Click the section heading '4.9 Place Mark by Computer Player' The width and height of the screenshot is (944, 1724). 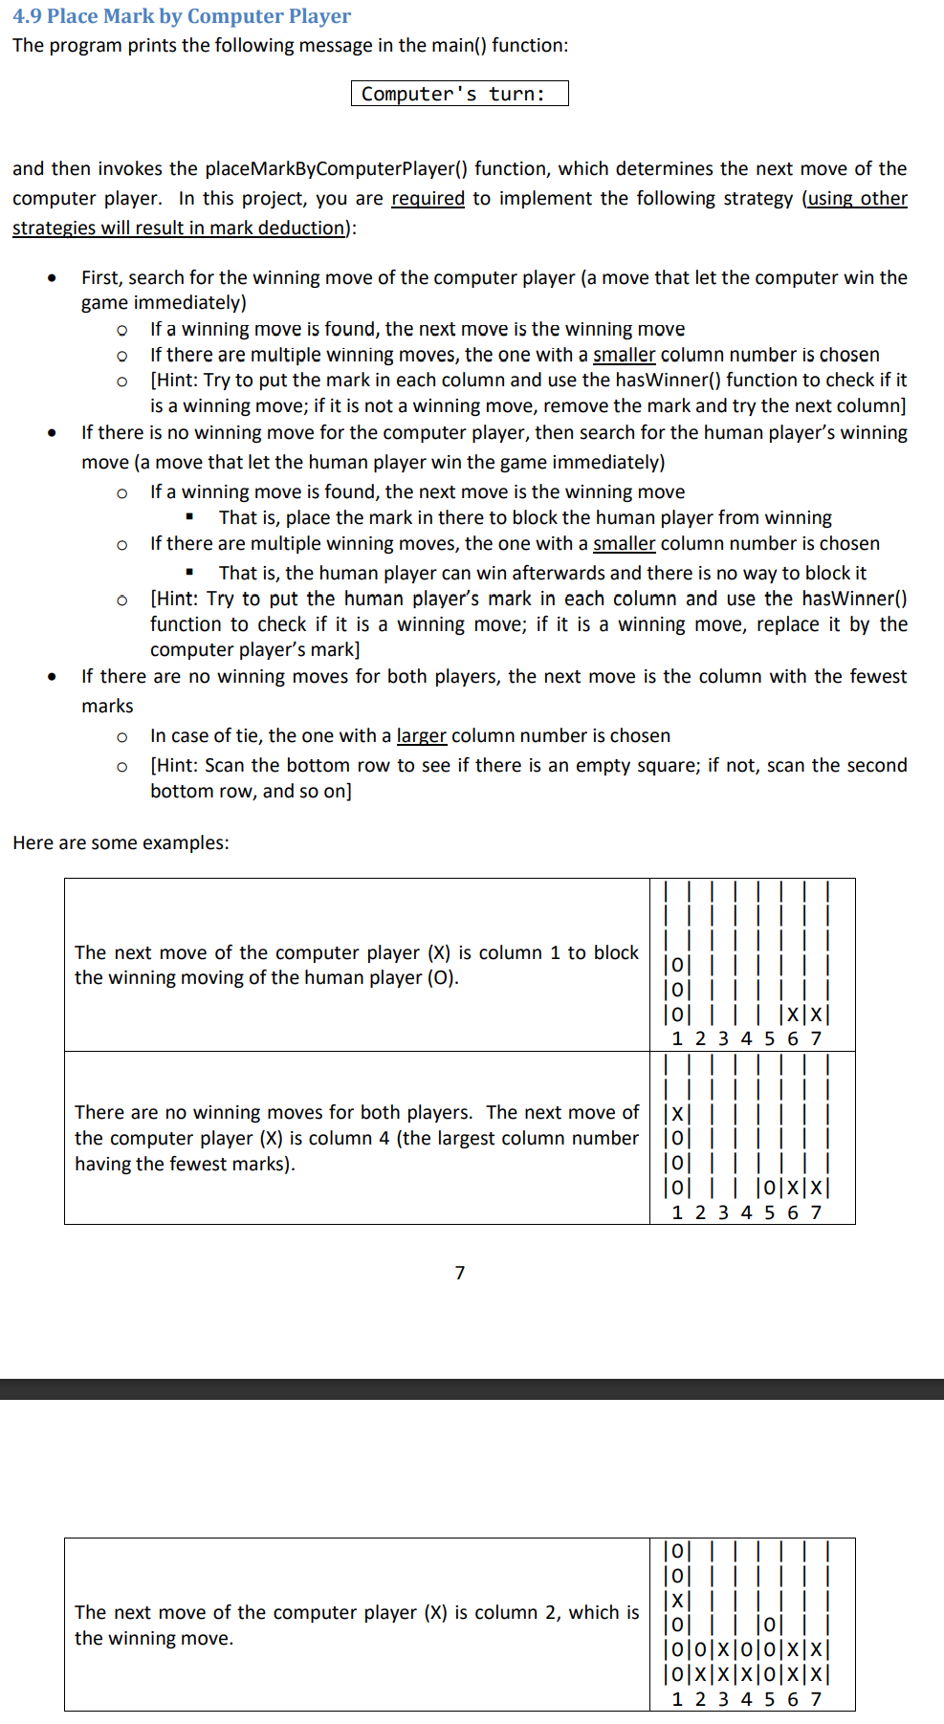[182, 16]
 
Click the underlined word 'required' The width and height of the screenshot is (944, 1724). [428, 198]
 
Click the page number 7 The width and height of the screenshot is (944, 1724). [460, 1273]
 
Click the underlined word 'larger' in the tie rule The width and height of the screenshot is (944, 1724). [421, 735]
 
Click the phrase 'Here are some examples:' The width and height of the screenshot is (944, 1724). [121, 842]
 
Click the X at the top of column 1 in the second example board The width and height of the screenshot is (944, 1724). [677, 1113]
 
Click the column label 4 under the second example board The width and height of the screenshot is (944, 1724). [746, 1212]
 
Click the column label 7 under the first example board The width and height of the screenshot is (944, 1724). [816, 1038]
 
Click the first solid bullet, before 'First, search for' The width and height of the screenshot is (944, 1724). [52, 278]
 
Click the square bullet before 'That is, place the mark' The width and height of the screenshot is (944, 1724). [190, 517]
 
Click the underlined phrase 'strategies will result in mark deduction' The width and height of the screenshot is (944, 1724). [178, 228]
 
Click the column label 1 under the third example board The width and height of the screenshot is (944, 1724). [677, 1699]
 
